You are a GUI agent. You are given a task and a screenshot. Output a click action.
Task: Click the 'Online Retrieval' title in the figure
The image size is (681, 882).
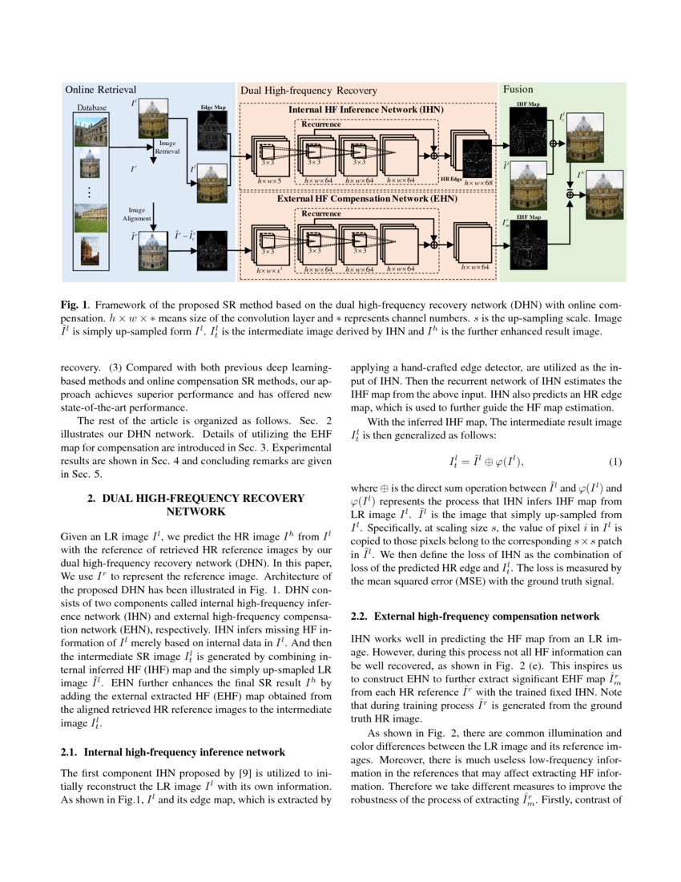[x=100, y=90]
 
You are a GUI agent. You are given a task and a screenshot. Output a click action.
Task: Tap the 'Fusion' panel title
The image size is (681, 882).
[x=518, y=90]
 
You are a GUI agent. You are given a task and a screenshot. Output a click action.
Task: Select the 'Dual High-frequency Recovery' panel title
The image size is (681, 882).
[x=308, y=91]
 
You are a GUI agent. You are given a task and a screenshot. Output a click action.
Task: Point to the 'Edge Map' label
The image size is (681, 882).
[x=212, y=107]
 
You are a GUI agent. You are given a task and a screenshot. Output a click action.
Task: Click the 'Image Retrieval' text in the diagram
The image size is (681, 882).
[x=167, y=147]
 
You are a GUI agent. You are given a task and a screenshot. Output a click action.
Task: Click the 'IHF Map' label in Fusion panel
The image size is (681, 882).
[x=528, y=104]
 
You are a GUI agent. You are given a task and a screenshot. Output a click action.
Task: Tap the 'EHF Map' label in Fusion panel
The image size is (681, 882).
[x=526, y=217]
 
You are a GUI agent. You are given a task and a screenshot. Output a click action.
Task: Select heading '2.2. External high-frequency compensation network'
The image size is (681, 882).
[x=475, y=617]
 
